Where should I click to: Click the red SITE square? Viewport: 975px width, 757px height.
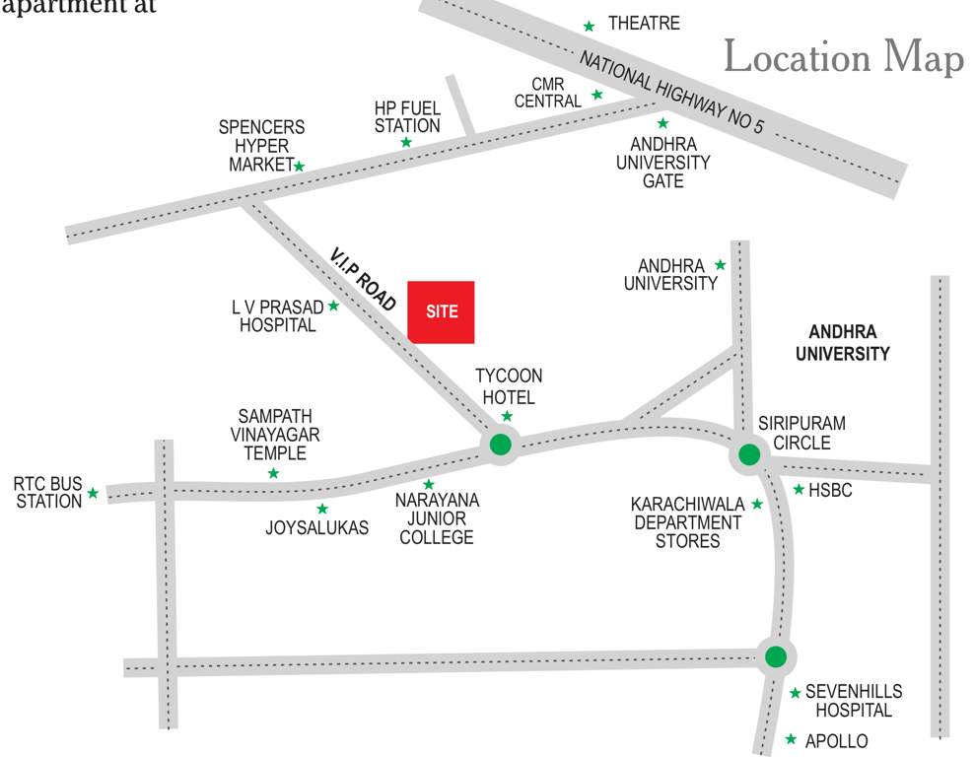(x=442, y=311)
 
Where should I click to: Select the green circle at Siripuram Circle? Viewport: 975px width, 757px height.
(x=749, y=455)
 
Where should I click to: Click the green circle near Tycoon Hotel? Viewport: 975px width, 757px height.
(x=502, y=445)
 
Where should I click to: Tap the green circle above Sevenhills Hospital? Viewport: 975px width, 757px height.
(x=776, y=655)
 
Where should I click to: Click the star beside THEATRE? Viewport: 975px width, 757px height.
(x=590, y=26)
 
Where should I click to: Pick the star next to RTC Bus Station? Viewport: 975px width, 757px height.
(x=93, y=493)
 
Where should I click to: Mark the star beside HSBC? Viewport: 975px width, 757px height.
(x=799, y=489)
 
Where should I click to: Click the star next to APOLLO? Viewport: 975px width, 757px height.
(x=791, y=738)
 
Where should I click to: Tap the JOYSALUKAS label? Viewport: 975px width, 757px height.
(x=317, y=528)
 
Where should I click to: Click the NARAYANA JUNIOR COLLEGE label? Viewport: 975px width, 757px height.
(x=437, y=518)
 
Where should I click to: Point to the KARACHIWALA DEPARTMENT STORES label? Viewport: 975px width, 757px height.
(x=686, y=522)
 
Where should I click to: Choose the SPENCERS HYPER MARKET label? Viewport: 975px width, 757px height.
(x=260, y=146)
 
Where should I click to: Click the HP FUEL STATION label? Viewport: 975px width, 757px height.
(x=407, y=116)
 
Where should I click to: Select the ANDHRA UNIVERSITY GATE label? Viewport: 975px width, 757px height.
(x=662, y=163)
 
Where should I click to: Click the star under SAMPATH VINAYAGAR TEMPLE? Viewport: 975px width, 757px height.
(x=273, y=473)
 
